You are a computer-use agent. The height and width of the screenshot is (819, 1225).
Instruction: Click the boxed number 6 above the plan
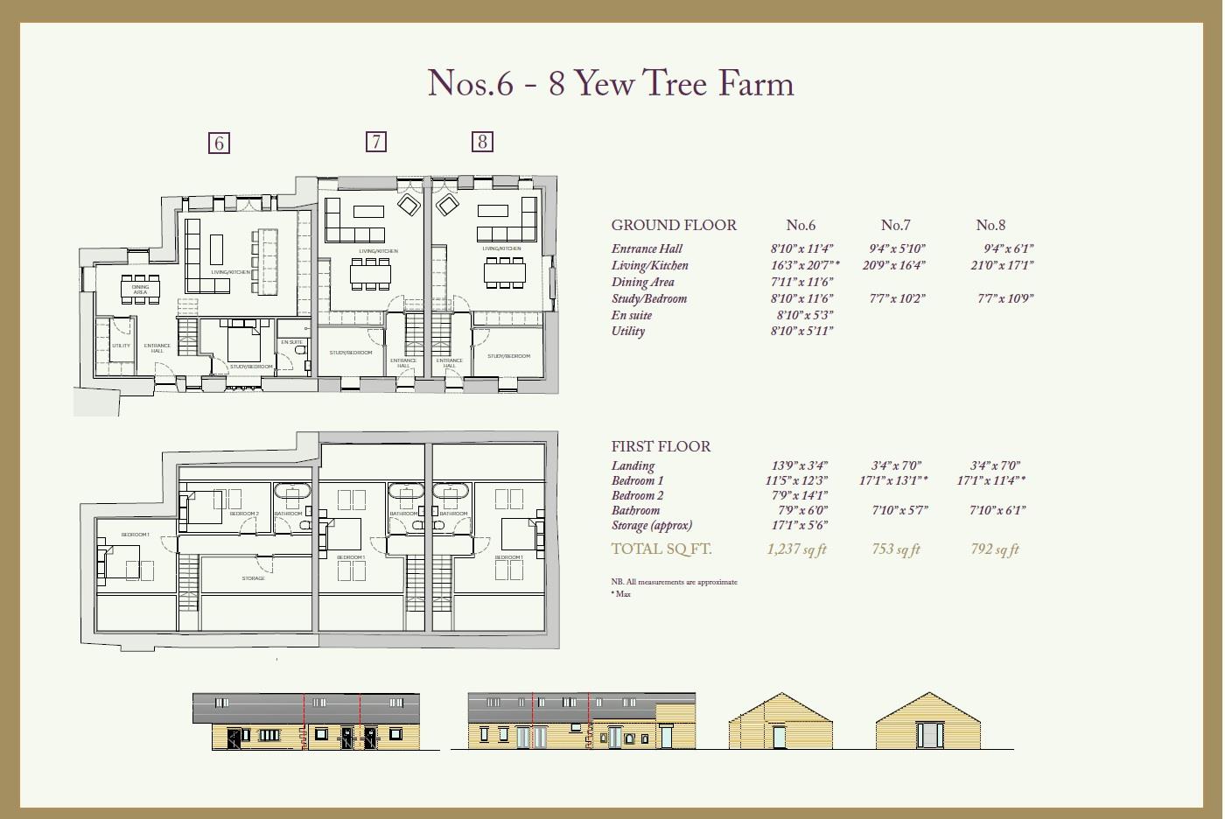(219, 143)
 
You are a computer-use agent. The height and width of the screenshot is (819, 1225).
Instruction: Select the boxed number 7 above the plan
(375, 141)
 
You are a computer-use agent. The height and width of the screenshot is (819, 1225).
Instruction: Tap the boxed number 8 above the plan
(482, 141)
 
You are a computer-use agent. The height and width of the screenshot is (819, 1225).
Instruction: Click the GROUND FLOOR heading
(674, 225)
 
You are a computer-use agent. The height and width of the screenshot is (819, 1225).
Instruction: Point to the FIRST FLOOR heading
(661, 446)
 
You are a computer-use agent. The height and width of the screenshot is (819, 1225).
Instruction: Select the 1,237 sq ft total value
(796, 549)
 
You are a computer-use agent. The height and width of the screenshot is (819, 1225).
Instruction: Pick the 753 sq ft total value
(896, 549)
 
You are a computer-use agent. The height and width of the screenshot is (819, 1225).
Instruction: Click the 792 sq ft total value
(995, 549)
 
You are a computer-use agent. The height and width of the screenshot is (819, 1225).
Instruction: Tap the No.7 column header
(895, 225)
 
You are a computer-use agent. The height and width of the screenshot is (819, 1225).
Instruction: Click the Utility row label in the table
(628, 331)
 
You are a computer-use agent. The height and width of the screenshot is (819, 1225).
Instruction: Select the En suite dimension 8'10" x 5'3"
(804, 315)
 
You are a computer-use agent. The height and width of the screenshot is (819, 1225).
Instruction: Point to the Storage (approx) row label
(652, 525)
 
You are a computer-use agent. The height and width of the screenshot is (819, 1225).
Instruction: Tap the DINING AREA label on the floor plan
(140, 289)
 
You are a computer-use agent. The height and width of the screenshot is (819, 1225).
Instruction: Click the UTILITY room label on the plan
(121, 346)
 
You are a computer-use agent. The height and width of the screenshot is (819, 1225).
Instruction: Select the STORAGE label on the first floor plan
(253, 578)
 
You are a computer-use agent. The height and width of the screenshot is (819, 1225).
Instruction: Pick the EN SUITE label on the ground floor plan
(291, 342)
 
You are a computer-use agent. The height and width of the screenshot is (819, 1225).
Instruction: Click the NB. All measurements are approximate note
(674, 582)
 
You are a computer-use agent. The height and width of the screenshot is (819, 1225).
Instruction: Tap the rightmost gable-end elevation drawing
(928, 722)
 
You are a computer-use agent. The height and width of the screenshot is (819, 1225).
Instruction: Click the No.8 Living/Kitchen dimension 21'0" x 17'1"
(1002, 265)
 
